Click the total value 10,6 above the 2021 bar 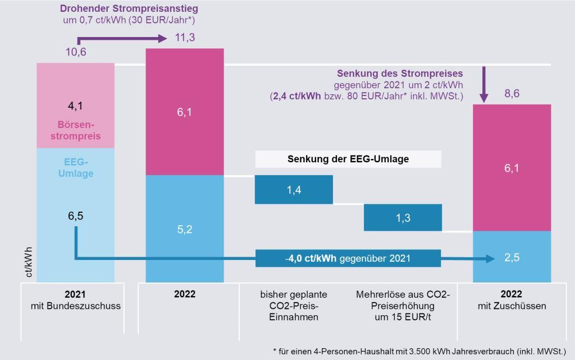tap(76, 52)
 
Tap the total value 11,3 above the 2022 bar tap(185, 38)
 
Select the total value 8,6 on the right tap(512, 94)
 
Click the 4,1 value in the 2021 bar tap(76, 105)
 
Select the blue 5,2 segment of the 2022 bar tap(185, 229)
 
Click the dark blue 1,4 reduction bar tap(294, 190)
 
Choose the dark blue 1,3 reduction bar tap(403, 217)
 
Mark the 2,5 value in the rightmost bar tap(512, 258)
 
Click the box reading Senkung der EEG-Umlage tap(348, 159)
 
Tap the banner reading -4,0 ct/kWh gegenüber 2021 tap(348, 258)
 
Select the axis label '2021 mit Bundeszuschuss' tap(76, 300)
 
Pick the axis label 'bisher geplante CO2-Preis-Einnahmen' tap(294, 306)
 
